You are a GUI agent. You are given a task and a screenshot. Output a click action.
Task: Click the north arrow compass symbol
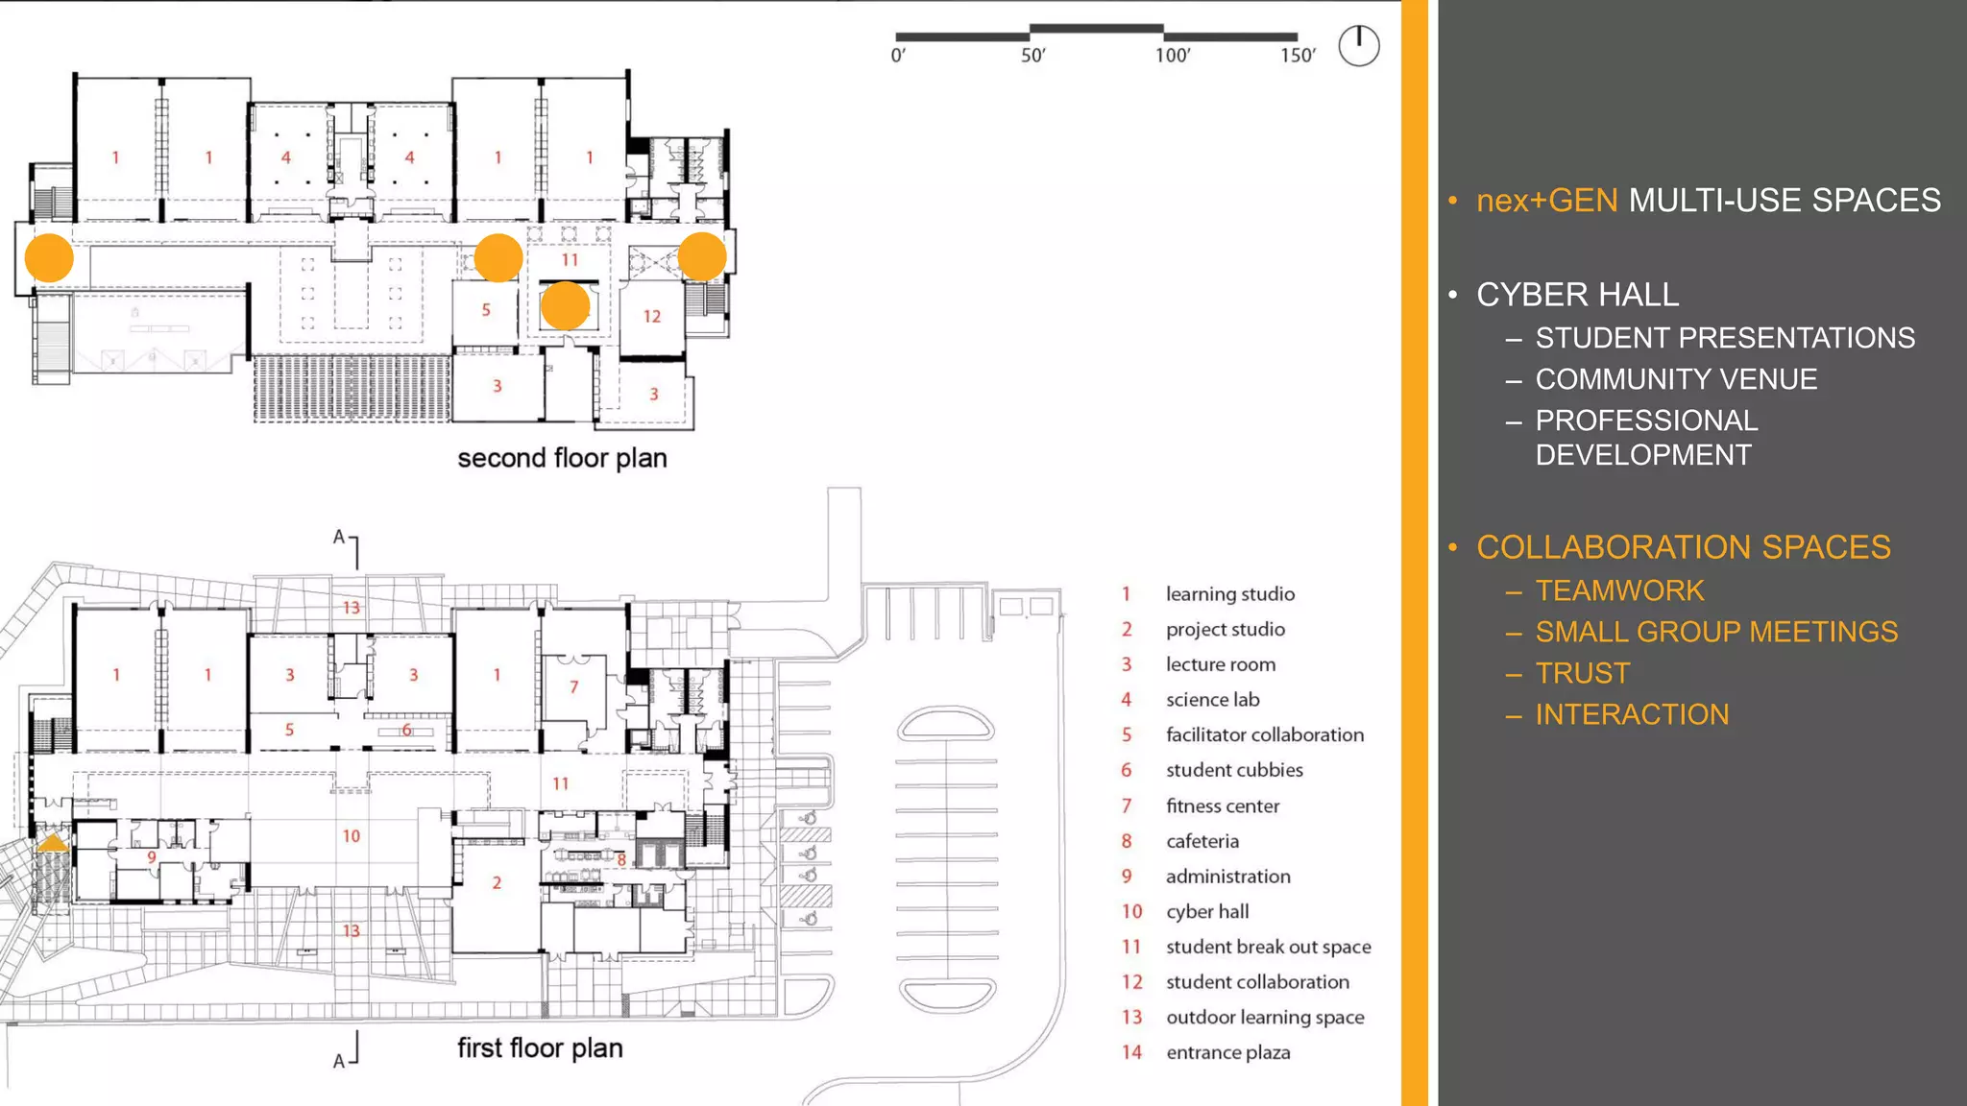coord(1358,46)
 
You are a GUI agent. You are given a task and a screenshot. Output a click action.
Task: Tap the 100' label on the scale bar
coord(1173,56)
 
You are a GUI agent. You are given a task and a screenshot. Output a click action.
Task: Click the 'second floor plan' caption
coord(562,458)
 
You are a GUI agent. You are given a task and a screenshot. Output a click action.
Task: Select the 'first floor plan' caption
coord(540,1048)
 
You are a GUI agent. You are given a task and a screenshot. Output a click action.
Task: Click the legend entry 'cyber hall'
coord(1206,911)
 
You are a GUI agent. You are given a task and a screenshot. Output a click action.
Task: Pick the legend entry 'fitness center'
coord(1222,805)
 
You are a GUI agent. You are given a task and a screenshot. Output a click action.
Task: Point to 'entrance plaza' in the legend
coord(1227,1052)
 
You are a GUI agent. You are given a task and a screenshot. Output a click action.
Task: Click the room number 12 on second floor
coord(652,316)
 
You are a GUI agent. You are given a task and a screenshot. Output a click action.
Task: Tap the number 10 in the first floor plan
coord(352,836)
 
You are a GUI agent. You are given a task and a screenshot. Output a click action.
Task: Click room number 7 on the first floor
coord(574,687)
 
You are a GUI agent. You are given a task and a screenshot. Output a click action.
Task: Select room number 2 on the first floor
coord(497,882)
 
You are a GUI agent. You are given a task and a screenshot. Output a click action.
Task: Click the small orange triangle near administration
coord(52,843)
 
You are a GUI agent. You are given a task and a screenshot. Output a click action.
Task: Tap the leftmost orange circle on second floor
coord(49,257)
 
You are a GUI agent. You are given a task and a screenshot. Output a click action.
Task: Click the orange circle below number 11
coord(566,306)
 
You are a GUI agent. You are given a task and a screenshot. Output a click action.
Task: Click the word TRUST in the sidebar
coord(1582,673)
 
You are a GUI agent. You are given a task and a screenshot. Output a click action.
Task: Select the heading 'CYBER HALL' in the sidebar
coord(1577,295)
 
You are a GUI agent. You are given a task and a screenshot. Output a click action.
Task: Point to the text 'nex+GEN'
coord(1546,201)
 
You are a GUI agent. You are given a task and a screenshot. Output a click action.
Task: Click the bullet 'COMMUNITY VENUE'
coord(1676,379)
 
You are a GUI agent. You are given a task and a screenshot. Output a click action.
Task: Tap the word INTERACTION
coord(1632,714)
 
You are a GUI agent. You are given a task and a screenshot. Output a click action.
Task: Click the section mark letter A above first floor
coord(338,538)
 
